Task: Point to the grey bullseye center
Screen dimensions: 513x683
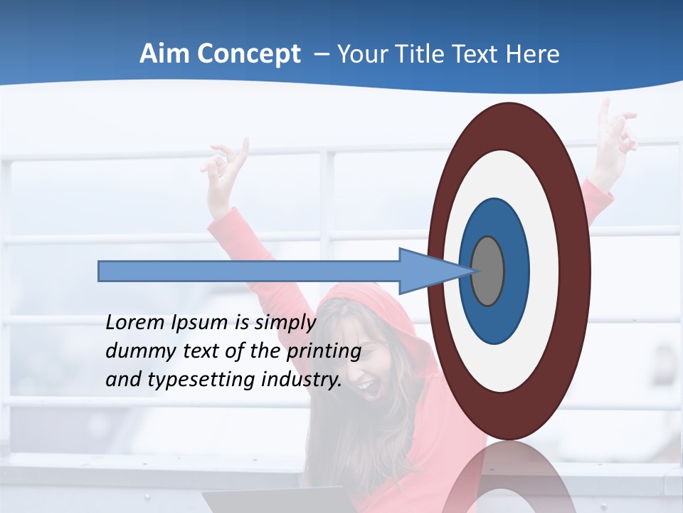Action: coord(487,271)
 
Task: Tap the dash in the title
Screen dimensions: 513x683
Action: coord(321,54)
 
